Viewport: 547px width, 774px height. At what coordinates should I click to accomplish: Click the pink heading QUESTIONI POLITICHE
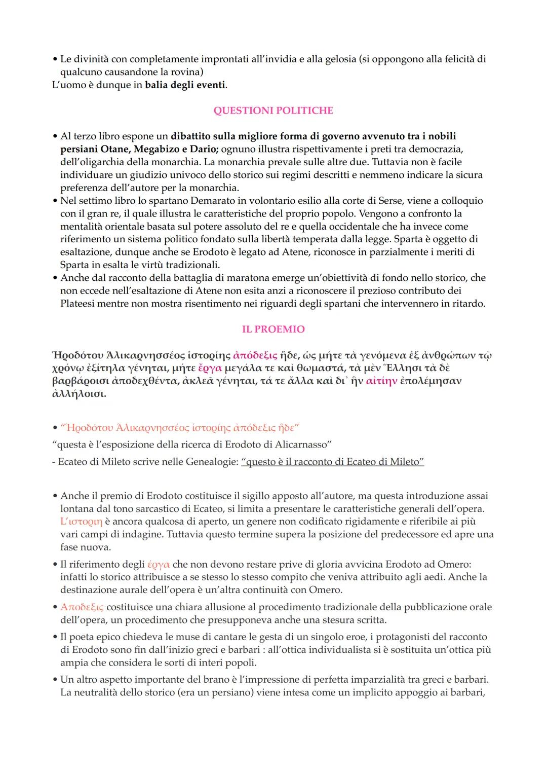(273, 110)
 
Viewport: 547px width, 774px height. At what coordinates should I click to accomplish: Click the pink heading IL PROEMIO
(273, 329)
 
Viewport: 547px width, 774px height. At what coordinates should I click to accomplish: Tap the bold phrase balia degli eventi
(185, 85)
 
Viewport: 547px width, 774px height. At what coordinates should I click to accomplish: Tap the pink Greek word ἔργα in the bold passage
(210, 368)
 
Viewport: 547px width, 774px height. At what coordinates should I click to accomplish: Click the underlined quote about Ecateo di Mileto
(332, 462)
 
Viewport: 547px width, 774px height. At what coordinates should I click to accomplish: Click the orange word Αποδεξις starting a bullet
(82, 607)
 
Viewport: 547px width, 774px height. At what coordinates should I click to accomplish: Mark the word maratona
(223, 278)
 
